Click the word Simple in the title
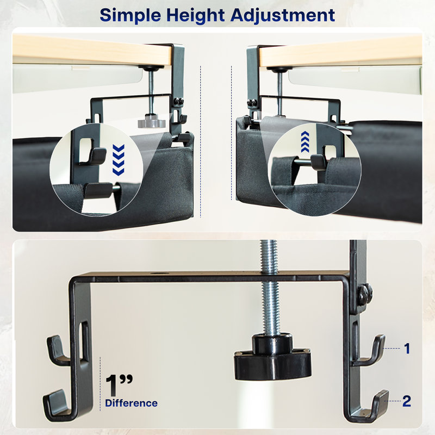[x=130, y=16]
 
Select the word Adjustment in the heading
[x=283, y=15]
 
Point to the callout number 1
[x=407, y=349]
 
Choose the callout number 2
[x=406, y=401]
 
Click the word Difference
[x=131, y=403]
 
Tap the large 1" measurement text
[x=119, y=386]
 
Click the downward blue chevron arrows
[x=119, y=160]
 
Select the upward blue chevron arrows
[x=305, y=142]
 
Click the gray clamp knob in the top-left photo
[x=152, y=121]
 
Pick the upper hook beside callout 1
[x=369, y=351]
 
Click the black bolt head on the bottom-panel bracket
[x=364, y=295]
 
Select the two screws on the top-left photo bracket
[x=178, y=102]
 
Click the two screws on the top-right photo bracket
[x=252, y=103]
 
